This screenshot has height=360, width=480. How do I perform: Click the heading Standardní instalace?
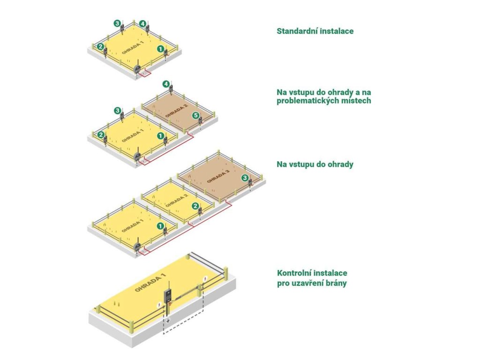(x=315, y=31)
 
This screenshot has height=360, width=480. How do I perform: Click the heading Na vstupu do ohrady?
(x=315, y=165)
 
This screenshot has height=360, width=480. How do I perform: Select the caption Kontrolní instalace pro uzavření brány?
(x=312, y=278)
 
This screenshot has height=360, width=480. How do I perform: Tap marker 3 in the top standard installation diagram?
(x=117, y=22)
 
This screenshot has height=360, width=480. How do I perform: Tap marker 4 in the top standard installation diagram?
(x=142, y=22)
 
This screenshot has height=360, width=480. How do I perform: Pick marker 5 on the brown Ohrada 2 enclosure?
(x=196, y=115)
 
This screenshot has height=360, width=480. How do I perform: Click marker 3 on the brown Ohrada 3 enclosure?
(x=245, y=178)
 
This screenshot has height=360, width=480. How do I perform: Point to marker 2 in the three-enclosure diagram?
(x=195, y=206)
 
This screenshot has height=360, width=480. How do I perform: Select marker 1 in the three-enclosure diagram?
(x=160, y=225)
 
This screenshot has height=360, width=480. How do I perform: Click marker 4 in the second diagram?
(x=166, y=84)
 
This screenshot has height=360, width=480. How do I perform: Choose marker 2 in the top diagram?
(x=100, y=46)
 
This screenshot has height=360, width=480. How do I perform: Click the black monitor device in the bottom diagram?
(x=167, y=297)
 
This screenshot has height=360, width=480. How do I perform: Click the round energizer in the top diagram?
(x=137, y=68)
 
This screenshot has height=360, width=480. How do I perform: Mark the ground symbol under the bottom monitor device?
(x=166, y=322)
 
